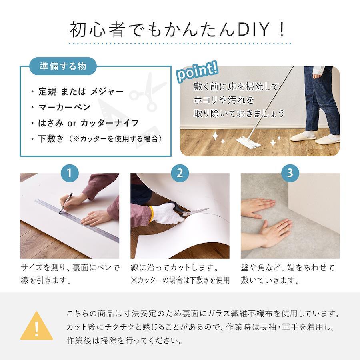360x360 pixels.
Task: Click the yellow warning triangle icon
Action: pyautogui.click(x=36, y=326)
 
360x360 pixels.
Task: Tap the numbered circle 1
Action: pyautogui.click(x=70, y=173)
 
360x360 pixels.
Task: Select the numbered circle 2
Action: pyautogui.click(x=180, y=173)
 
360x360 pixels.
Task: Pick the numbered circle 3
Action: pyautogui.click(x=290, y=173)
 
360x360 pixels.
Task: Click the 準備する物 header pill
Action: pyautogui.click(x=63, y=66)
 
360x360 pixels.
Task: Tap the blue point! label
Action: pyautogui.click(x=197, y=72)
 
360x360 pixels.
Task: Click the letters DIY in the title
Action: pyautogui.click(x=253, y=29)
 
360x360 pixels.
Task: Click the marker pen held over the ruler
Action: pyautogui.click(x=66, y=203)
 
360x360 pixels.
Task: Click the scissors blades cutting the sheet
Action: pyautogui.click(x=195, y=213)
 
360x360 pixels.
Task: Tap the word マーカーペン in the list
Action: pyautogui.click(x=64, y=107)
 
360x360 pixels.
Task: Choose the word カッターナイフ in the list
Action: pyautogui.click(x=110, y=123)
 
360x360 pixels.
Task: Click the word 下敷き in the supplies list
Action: pyautogui.click(x=51, y=138)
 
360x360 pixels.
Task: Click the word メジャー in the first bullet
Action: pyautogui.click(x=107, y=92)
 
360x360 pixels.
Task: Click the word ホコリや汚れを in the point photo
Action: pyautogui.click(x=224, y=100)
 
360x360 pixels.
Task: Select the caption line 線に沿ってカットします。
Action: pyautogui.click(x=174, y=268)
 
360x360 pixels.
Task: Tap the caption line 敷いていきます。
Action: pyautogui.click(x=270, y=280)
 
